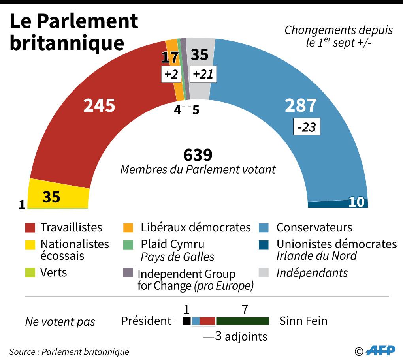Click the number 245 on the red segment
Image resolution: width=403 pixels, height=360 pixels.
(99, 105)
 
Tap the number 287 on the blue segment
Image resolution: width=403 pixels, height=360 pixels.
(301, 105)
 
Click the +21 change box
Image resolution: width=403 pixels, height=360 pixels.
(203, 74)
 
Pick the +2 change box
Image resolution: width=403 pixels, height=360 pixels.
(170, 74)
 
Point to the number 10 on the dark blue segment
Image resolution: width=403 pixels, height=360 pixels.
(357, 202)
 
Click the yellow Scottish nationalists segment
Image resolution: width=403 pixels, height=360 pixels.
(59, 195)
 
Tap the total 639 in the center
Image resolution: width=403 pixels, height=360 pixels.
(198, 155)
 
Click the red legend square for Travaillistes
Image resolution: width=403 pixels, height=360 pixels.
(30, 228)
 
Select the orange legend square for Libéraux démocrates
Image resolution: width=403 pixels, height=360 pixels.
(128, 228)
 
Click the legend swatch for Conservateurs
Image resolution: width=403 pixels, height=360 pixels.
(264, 228)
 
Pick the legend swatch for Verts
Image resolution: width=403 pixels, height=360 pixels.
(30, 272)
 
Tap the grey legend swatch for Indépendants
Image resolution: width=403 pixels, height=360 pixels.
(264, 272)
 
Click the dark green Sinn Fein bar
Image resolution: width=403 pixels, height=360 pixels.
(242, 321)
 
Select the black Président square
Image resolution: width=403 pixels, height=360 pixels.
(186, 321)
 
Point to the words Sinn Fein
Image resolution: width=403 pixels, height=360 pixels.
(303, 321)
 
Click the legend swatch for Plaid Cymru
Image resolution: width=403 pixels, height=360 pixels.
(128, 244)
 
